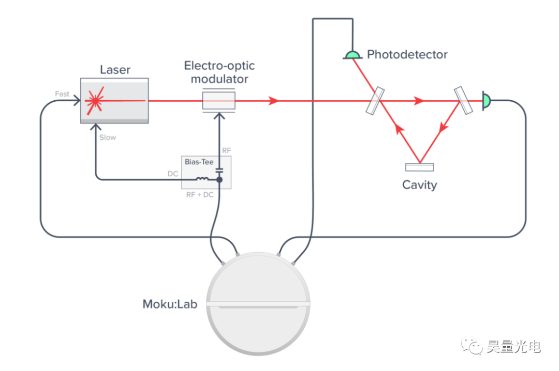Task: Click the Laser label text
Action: pyautogui.click(x=115, y=70)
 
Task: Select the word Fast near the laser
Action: pyautogui.click(x=62, y=94)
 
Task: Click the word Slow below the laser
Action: pyautogui.click(x=108, y=137)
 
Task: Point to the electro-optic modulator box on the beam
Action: pyautogui.click(x=218, y=100)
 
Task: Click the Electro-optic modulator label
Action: pyautogui.click(x=219, y=72)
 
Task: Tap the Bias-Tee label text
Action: pyautogui.click(x=199, y=162)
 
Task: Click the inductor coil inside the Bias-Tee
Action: pyautogui.click(x=202, y=180)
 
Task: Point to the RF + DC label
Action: pyautogui.click(x=200, y=195)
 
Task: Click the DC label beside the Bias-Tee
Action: pyautogui.click(x=173, y=174)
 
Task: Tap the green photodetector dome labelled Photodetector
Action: pyautogui.click(x=352, y=55)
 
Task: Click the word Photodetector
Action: pyautogui.click(x=407, y=54)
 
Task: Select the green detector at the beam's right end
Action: pyautogui.click(x=487, y=100)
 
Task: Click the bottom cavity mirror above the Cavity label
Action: pyautogui.click(x=420, y=167)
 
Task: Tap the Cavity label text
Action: pyautogui.click(x=420, y=184)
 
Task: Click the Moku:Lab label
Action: pyautogui.click(x=170, y=304)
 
